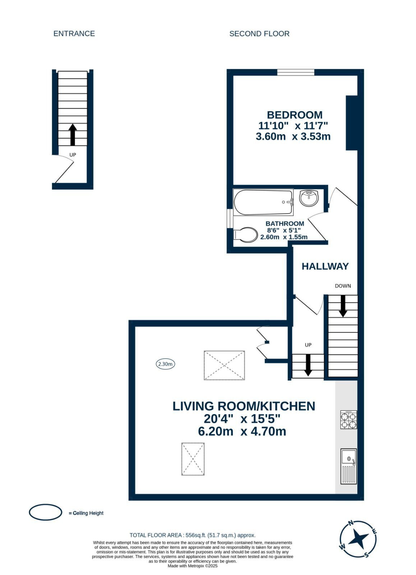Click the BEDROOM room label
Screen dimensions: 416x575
(295, 115)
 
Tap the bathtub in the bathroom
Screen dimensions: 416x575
(263, 202)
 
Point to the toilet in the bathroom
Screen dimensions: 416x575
(246, 234)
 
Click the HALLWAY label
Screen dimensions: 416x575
(325, 266)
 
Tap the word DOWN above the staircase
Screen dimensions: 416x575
(343, 286)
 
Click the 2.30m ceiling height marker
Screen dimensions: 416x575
(166, 364)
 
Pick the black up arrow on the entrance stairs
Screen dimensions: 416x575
(73, 135)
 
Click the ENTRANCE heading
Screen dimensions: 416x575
(74, 34)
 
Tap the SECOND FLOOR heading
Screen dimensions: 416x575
(259, 34)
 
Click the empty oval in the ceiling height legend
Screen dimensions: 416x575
(45, 512)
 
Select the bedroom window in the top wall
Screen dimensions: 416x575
(296, 72)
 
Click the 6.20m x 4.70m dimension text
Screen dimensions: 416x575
(242, 431)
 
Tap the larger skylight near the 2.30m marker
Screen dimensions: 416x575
(224, 365)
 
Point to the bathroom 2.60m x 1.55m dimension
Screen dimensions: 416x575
(284, 237)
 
